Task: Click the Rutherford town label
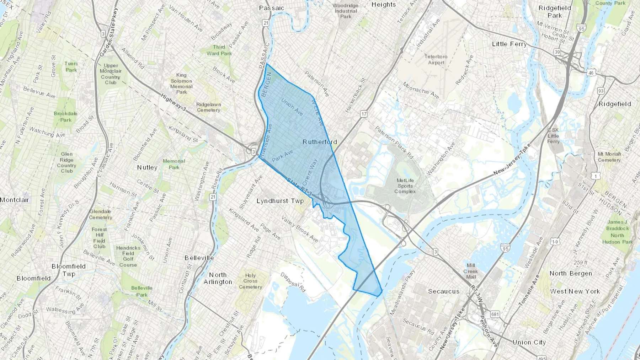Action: [x=320, y=142]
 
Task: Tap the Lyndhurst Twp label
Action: [x=280, y=201]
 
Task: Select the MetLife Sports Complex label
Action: [x=405, y=186]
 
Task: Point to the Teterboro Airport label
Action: [x=436, y=59]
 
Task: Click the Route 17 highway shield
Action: [x=363, y=114]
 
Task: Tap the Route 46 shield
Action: [x=591, y=73]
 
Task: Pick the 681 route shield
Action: [x=495, y=314]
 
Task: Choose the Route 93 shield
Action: [x=601, y=91]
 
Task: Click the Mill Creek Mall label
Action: [x=471, y=271]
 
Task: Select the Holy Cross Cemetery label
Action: [x=250, y=281]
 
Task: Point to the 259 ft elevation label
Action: [x=580, y=263]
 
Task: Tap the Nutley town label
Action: [x=147, y=167]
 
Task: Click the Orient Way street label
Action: [x=310, y=172]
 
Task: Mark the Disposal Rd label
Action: [x=293, y=282]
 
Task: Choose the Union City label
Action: [x=529, y=342]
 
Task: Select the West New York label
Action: [x=575, y=291]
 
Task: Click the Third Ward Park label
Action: [x=219, y=50]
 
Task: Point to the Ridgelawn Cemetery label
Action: [x=208, y=107]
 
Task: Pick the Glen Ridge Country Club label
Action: [x=66, y=162]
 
